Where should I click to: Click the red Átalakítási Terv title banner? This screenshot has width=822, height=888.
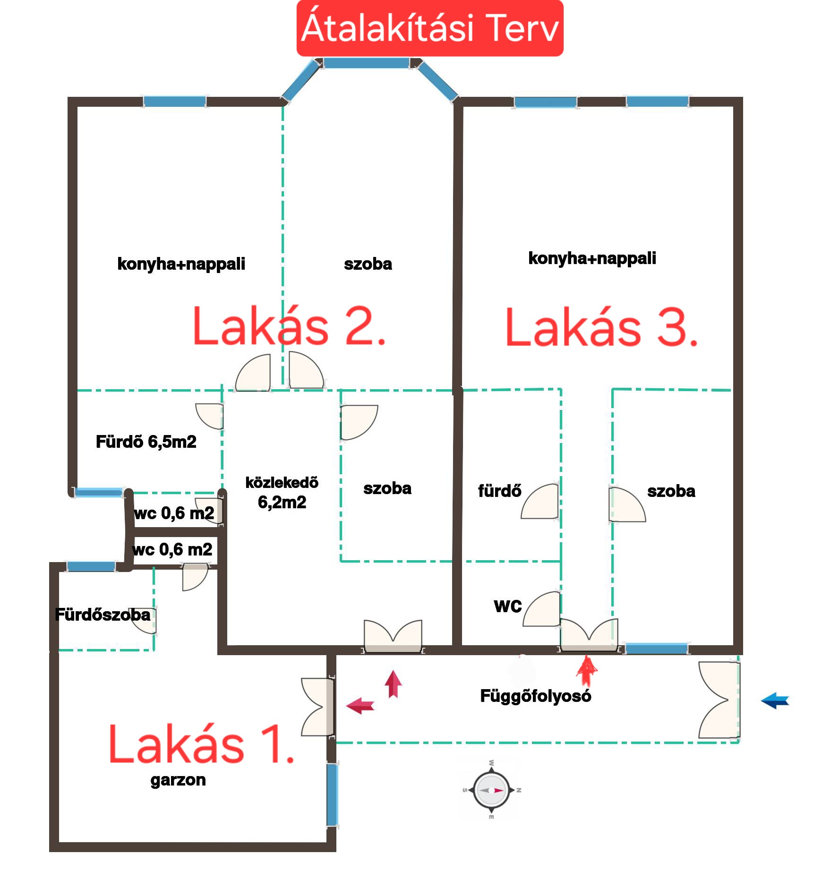pos(430,28)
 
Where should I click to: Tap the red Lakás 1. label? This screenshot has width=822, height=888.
pos(202,744)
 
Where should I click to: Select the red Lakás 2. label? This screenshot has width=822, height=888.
pos(290,325)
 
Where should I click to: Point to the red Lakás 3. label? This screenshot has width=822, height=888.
pos(601,327)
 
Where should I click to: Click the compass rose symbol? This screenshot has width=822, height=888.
pos(491,790)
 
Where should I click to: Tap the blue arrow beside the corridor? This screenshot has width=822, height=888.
pos(775,700)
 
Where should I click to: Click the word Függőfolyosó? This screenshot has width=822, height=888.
pos(536,696)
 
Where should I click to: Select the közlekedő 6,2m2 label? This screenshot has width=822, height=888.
pos(282,492)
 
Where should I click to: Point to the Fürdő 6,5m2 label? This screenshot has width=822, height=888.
pos(146,442)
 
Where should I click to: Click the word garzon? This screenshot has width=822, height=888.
pos(178,780)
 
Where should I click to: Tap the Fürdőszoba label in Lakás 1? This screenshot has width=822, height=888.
pos(103,615)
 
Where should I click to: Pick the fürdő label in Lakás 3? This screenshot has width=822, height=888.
pos(499,491)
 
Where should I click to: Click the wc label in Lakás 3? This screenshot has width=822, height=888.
pos(508,606)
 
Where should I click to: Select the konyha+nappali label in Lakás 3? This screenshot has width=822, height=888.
pos(592,258)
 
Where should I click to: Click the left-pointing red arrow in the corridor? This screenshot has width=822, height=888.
pos(360,706)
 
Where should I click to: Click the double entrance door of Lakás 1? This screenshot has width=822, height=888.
pos(318,707)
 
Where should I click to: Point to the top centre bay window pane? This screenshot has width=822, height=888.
pos(366,63)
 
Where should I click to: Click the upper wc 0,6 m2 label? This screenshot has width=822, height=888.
pos(174,513)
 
